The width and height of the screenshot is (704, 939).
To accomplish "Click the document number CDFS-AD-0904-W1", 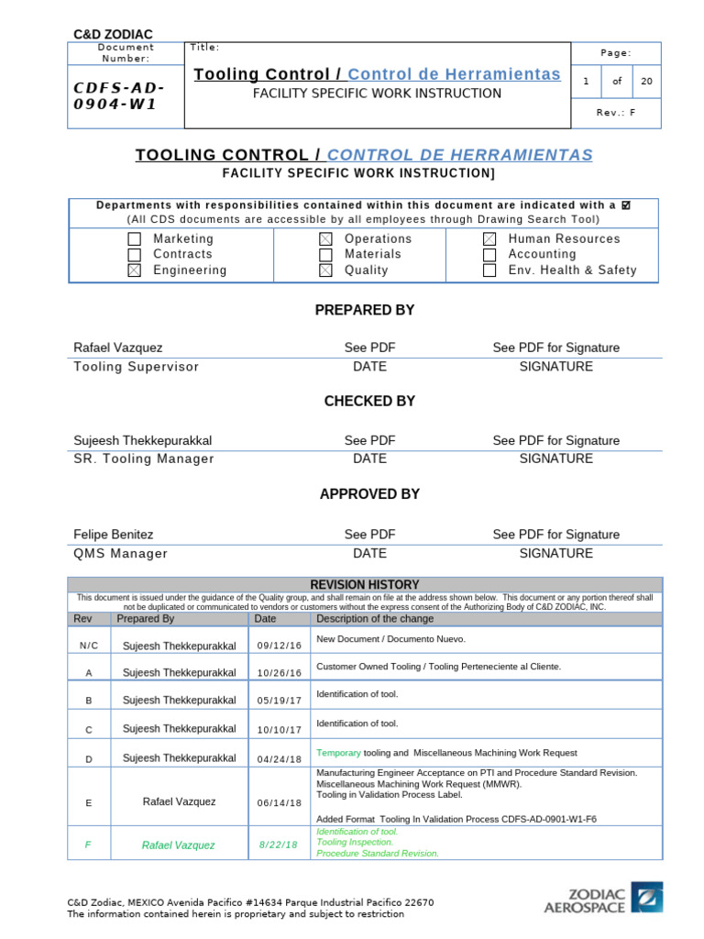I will click(x=120, y=95).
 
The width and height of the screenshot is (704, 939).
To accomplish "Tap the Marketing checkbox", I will click(x=135, y=239).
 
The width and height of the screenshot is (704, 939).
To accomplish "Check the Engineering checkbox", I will click(x=135, y=271).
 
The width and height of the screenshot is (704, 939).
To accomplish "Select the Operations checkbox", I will click(x=325, y=239).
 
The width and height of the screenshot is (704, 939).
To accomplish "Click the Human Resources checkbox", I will click(x=489, y=239).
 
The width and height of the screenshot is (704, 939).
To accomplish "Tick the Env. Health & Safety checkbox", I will click(x=489, y=271).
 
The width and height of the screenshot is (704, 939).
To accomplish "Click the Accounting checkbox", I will click(x=489, y=255).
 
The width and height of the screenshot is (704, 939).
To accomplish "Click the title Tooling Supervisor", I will click(x=136, y=367).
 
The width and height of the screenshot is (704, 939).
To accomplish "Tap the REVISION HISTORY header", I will click(x=365, y=584).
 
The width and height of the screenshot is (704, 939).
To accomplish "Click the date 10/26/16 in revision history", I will click(x=279, y=673).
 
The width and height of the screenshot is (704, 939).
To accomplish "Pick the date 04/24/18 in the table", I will click(x=279, y=758).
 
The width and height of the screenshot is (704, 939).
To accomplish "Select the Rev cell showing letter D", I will click(x=89, y=758).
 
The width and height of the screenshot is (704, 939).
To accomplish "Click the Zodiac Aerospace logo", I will click(x=603, y=898).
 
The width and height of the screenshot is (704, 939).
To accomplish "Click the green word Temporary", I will click(x=338, y=753).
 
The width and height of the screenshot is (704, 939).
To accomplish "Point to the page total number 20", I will click(x=647, y=82).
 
